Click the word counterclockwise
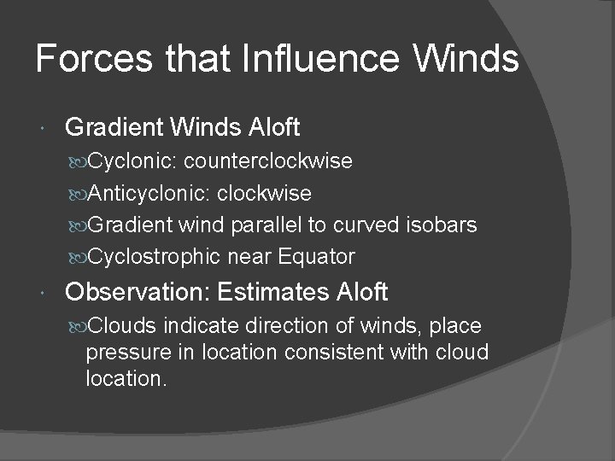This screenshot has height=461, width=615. point(268,161)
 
